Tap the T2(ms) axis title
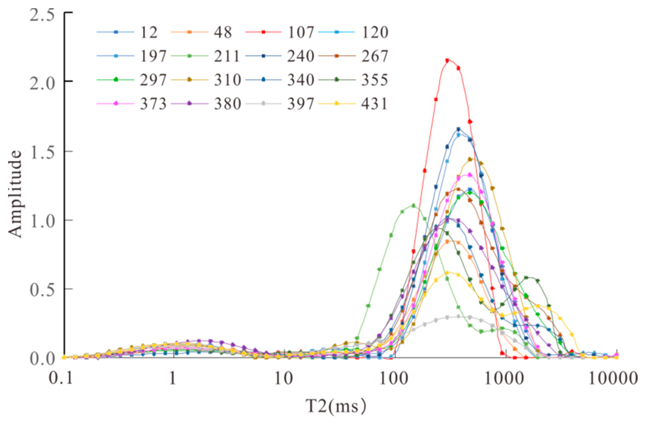(x=336, y=406)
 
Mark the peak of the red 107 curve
(x=447, y=60)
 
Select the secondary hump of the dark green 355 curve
(x=526, y=277)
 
